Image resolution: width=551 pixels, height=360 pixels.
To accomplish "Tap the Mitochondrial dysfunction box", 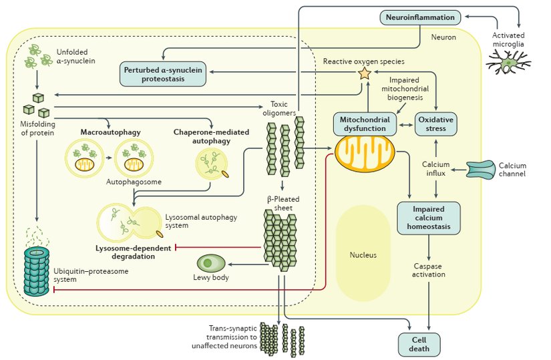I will (362, 123).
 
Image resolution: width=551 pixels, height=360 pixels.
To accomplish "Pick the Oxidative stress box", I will (435, 124).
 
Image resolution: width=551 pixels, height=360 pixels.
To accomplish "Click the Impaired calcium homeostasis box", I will (428, 218).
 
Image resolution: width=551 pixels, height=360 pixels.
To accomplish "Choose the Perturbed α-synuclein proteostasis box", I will (162, 73).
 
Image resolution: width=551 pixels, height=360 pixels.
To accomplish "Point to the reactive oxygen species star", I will (365, 74).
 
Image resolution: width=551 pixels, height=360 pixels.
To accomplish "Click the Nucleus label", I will (363, 255).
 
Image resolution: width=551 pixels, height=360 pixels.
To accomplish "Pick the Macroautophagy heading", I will (111, 133).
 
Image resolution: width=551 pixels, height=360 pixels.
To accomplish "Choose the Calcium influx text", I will (435, 170).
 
